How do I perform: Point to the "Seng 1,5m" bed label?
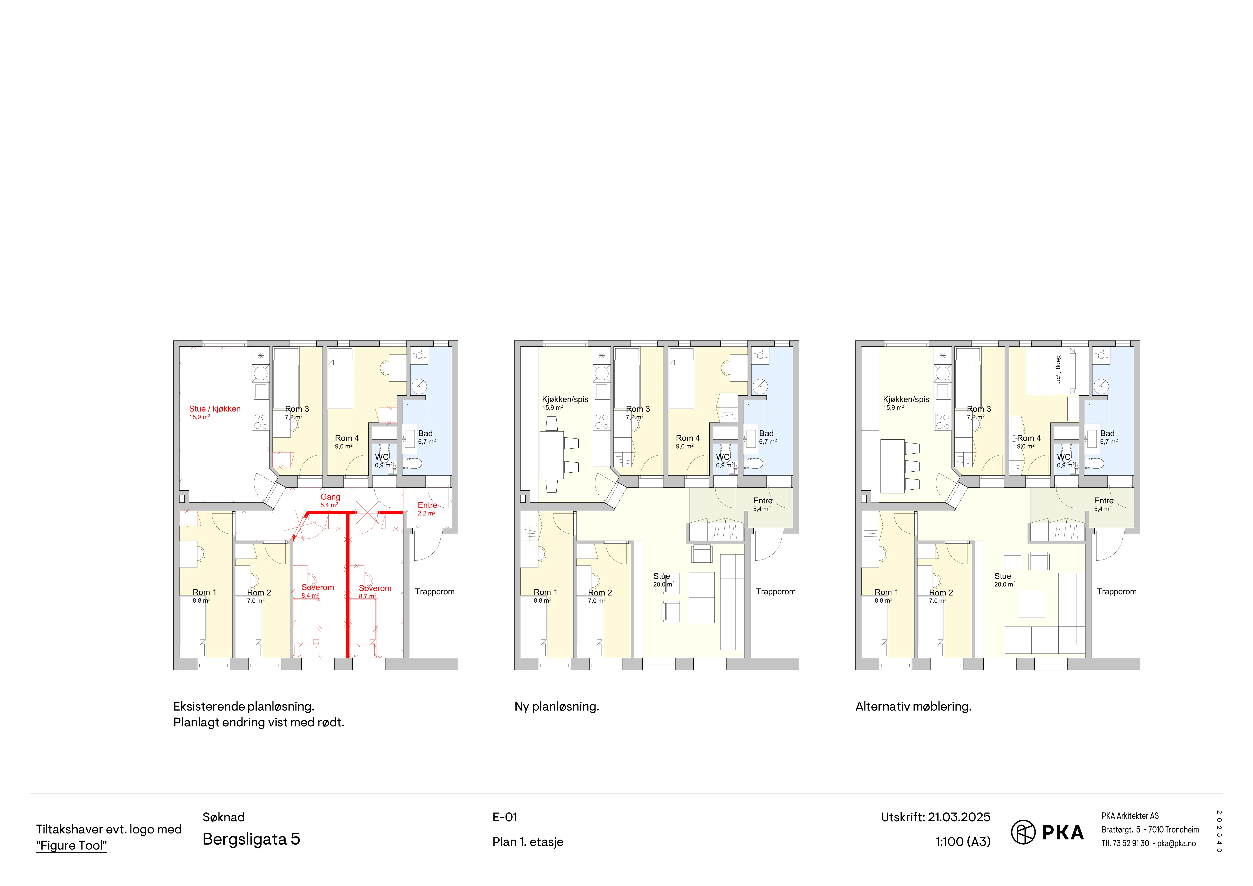tap(1059, 370)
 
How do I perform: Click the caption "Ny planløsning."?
tap(557, 707)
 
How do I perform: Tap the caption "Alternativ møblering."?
tap(913, 707)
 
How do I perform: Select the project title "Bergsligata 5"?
tap(251, 839)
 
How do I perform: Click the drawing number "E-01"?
tap(505, 817)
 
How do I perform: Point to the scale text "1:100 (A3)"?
tap(963, 842)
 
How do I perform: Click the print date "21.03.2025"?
tap(959, 817)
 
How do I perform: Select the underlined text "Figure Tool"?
tap(72, 846)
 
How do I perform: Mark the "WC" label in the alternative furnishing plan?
tap(1064, 457)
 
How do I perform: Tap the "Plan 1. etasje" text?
tap(528, 842)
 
